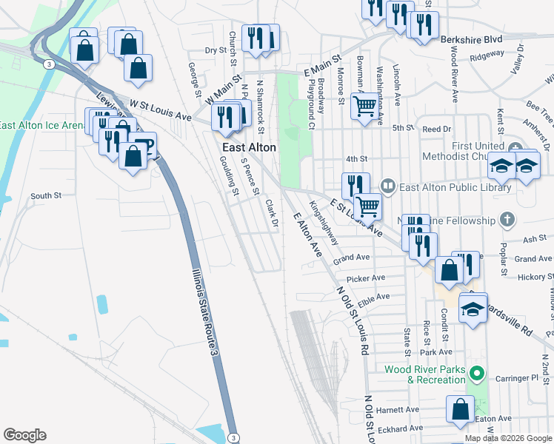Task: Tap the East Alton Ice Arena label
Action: pos(41,125)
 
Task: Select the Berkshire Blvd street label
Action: pos(471,38)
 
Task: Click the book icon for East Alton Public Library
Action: pos(387,186)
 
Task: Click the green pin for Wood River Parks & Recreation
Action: pos(478,374)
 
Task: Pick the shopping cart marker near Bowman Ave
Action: pos(364,107)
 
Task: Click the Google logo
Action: pos(24,435)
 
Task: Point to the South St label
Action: pos(46,196)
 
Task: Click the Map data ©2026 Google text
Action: pos(507,438)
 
